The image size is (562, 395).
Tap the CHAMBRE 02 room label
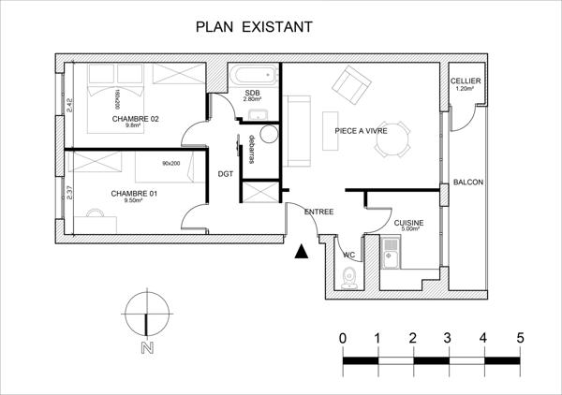pos(135,120)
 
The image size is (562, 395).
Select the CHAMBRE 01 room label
pos(133,195)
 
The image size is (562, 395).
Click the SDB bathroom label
pos(252,95)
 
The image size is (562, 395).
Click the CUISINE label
pos(408,223)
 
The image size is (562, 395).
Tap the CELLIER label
pos(466,82)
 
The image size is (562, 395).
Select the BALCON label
pos(467,182)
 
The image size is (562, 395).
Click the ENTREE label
pos(319,212)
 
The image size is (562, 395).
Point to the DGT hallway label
pos(226,173)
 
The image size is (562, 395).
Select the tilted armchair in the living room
pos(351,85)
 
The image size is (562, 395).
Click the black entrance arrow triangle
pos(301,251)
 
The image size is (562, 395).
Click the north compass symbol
pos(146,315)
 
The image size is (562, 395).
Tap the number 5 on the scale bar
pos(519,337)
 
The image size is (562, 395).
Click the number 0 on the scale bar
pos(344,337)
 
